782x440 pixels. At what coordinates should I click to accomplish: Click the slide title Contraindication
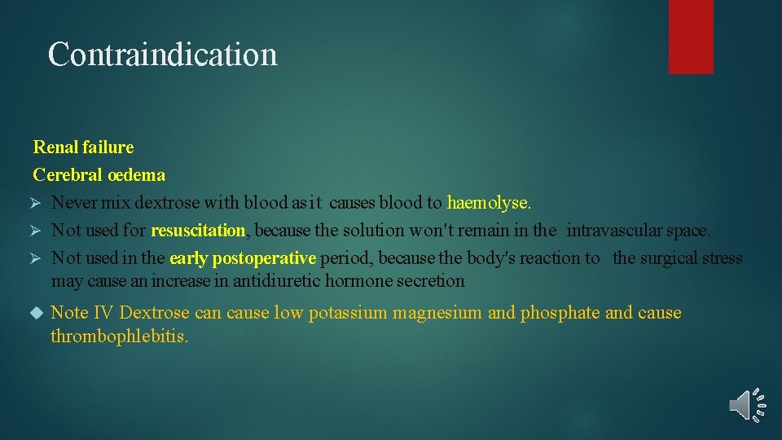(162, 55)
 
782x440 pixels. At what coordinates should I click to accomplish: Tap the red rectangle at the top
(691, 36)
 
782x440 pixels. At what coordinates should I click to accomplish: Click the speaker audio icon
(747, 404)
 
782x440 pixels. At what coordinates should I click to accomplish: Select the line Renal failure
(83, 147)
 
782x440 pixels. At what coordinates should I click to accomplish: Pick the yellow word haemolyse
(489, 203)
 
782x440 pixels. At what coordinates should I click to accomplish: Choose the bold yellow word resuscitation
(198, 231)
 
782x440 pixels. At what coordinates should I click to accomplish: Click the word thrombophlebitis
(119, 336)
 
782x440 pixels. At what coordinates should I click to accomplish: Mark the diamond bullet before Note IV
(35, 313)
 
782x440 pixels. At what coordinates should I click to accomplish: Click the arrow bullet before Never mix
(35, 203)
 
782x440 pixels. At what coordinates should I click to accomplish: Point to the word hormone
(357, 281)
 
